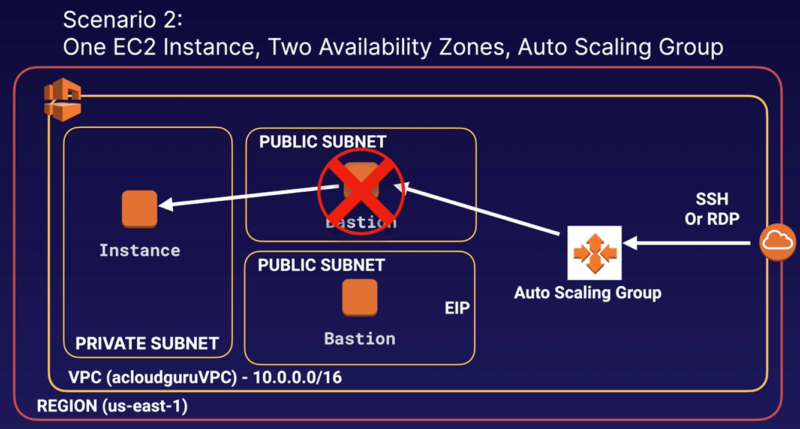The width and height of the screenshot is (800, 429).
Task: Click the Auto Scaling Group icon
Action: pyautogui.click(x=594, y=253)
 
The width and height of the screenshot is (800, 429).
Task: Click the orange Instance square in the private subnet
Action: pyautogui.click(x=139, y=209)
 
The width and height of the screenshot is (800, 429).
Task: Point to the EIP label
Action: pyautogui.click(x=457, y=309)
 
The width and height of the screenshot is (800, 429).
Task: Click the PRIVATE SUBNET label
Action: pyautogui.click(x=147, y=343)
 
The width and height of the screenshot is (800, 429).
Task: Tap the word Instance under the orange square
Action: pyautogui.click(x=140, y=250)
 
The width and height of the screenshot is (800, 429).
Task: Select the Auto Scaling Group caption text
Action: pyautogui.click(x=588, y=293)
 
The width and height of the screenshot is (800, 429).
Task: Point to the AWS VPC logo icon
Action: pyautogui.click(x=62, y=102)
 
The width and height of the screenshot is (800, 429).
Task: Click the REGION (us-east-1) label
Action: pyautogui.click(x=112, y=406)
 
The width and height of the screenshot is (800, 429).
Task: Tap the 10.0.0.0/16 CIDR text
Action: pyautogui.click(x=298, y=378)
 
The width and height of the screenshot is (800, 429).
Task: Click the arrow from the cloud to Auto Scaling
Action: pyautogui.click(x=686, y=243)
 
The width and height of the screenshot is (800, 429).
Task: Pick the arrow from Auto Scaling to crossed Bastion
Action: pyautogui.click(x=486, y=210)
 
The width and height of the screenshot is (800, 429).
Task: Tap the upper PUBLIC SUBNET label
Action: pyautogui.click(x=323, y=142)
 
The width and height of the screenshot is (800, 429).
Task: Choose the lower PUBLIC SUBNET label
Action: pyautogui.click(x=321, y=265)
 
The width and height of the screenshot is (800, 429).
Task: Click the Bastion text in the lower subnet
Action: pyautogui.click(x=360, y=339)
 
